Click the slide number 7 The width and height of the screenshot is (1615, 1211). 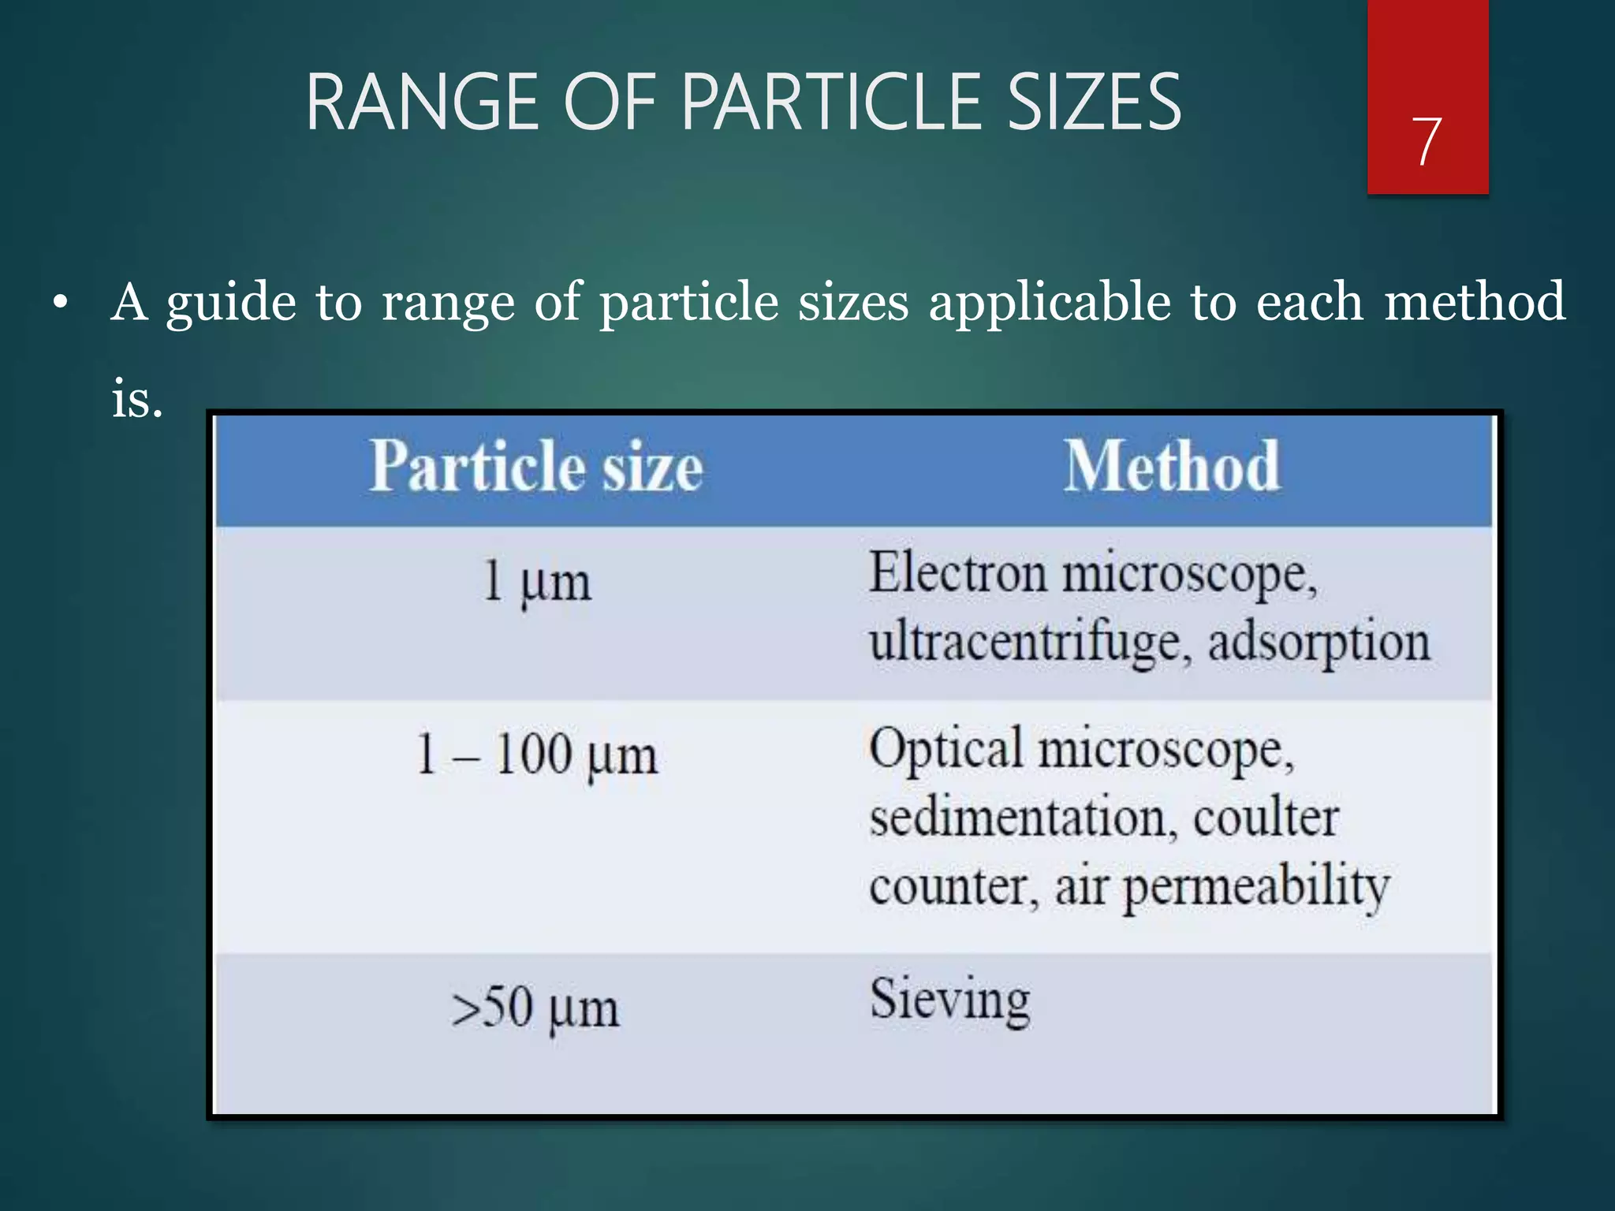tap(1427, 141)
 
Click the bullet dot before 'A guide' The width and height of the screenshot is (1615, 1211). tap(61, 303)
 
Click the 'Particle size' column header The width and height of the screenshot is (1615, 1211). tap(536, 467)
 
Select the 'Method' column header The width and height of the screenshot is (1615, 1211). tap(1172, 467)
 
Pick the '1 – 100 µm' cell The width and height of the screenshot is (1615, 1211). tap(536, 755)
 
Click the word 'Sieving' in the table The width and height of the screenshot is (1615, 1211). tap(949, 1000)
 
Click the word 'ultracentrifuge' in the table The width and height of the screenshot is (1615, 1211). tap(1025, 642)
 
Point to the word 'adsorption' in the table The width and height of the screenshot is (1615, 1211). tap(1318, 642)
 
